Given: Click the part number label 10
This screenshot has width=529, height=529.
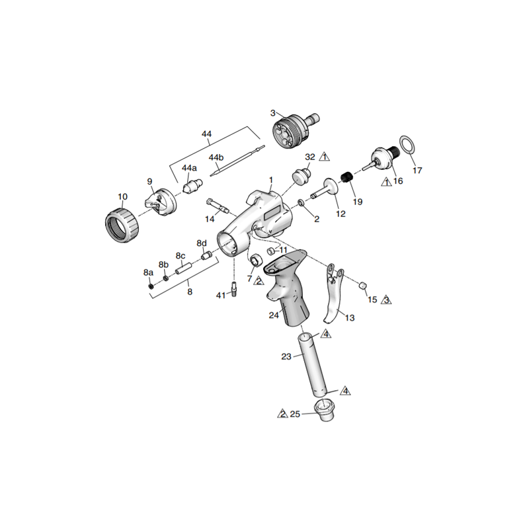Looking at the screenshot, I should [122, 196].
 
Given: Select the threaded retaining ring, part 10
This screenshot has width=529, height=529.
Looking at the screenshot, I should [122, 225].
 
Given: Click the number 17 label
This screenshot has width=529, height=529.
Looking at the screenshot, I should [417, 171].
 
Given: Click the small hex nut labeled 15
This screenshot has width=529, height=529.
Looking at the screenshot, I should [362, 284].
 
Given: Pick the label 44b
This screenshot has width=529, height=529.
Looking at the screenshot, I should [216, 157].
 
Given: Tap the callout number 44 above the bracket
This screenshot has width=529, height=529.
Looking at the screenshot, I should [206, 134].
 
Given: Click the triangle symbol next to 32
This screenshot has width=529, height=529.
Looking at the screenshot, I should [324, 157].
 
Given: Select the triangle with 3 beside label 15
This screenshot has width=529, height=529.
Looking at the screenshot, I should [387, 300].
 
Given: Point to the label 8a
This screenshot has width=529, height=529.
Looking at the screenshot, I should [148, 272].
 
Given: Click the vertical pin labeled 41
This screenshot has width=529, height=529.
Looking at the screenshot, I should [235, 290].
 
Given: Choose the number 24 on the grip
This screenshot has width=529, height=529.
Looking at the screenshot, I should [274, 315].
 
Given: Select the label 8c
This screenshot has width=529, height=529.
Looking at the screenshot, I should [180, 256].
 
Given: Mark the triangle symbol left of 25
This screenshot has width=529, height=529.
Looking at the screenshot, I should [282, 414].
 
